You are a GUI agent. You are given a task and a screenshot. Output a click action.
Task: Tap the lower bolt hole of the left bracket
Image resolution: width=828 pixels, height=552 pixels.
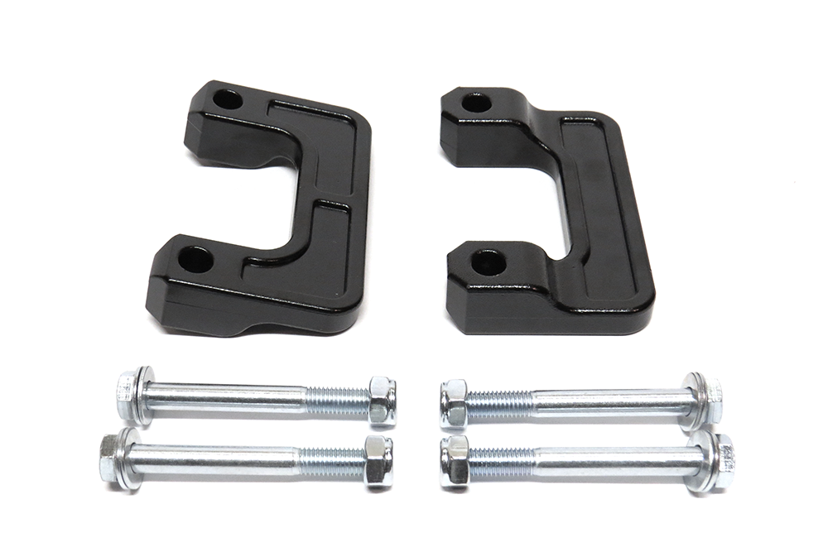pyautogui.click(x=195, y=260)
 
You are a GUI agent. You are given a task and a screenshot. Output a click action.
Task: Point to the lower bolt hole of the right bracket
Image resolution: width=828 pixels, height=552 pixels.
pyautogui.click(x=488, y=263)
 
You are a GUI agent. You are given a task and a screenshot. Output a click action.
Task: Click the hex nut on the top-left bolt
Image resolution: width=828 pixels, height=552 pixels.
pyautogui.click(x=382, y=400)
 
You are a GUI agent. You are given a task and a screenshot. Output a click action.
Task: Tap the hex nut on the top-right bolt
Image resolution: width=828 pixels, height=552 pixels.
pyautogui.click(x=454, y=401)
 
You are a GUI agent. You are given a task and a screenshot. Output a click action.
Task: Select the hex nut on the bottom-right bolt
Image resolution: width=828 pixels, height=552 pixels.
pyautogui.click(x=455, y=462)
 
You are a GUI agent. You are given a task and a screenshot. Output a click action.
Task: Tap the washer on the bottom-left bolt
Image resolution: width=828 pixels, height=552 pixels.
pyautogui.click(x=129, y=458)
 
